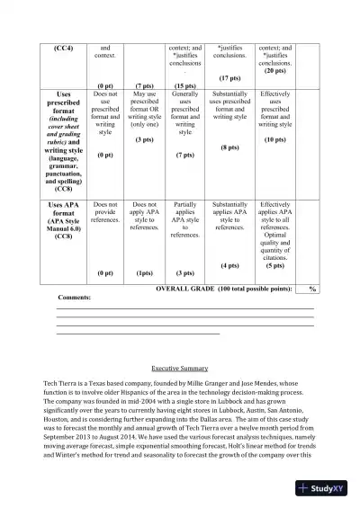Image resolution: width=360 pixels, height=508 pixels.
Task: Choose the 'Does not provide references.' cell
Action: coord(105,211)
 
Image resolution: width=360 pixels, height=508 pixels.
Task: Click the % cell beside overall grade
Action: coord(312,289)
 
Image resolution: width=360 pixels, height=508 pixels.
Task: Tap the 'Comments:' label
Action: coord(74,297)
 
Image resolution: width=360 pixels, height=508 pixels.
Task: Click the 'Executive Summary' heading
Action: coord(180,369)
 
